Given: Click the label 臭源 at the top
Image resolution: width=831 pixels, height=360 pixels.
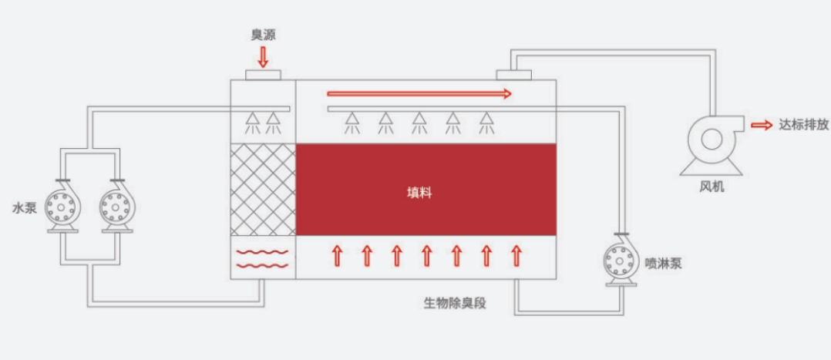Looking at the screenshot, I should click(x=263, y=34).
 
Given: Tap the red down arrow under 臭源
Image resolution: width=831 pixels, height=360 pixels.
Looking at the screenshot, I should click(x=263, y=56).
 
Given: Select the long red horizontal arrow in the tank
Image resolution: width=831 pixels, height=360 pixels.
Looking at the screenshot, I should click(x=419, y=94).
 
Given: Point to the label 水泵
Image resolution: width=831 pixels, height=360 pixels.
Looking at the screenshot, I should click(x=24, y=207).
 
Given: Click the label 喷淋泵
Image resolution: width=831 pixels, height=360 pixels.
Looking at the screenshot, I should click(x=663, y=263).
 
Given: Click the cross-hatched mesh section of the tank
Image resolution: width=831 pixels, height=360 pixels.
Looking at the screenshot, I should click(x=264, y=190).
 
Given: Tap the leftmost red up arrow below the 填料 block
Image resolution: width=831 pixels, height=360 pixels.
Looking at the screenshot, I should click(x=337, y=255).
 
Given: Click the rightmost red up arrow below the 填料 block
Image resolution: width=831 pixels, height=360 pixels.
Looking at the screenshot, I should click(x=516, y=255).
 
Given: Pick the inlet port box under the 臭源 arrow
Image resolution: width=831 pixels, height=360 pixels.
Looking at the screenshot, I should click(x=263, y=75).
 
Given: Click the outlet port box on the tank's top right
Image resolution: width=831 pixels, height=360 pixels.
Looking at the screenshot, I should click(x=513, y=73).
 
